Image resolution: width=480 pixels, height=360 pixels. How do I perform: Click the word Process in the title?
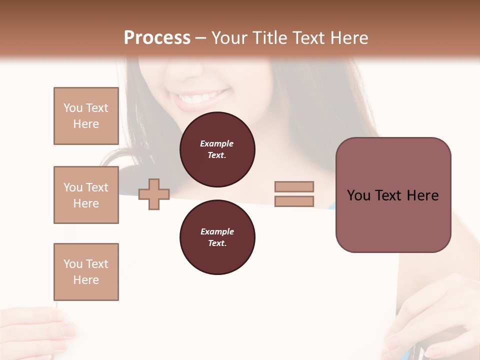(x=157, y=37)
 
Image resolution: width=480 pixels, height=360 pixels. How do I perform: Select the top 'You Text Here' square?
(x=86, y=116)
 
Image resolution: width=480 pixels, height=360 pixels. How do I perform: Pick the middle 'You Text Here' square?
(x=86, y=195)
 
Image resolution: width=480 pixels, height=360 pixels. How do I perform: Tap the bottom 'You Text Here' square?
(x=86, y=272)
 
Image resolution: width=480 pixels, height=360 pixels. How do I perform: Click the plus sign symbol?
(x=154, y=194)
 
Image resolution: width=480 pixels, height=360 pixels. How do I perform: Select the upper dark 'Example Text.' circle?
(x=217, y=149)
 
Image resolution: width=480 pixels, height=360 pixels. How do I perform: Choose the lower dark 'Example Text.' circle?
(x=217, y=237)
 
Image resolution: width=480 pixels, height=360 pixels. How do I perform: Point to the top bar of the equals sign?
(x=294, y=186)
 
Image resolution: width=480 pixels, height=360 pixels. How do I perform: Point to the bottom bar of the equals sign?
(x=294, y=201)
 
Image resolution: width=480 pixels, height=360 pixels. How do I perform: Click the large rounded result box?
(x=393, y=195)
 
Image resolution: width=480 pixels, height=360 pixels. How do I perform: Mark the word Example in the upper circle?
(x=217, y=143)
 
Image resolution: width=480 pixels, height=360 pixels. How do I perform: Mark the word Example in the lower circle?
(x=217, y=231)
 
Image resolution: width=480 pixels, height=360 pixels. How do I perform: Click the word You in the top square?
(x=73, y=108)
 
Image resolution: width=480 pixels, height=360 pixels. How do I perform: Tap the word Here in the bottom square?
(x=86, y=280)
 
